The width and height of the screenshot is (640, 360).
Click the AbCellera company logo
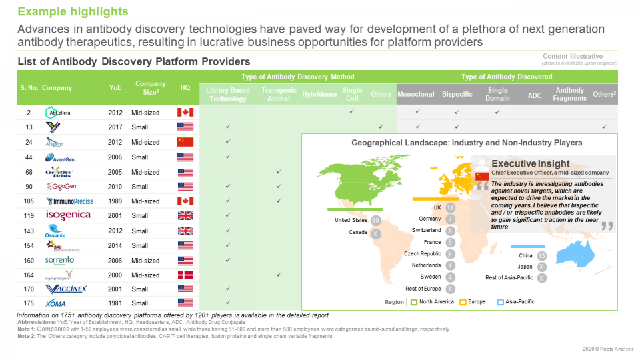[x=60, y=112]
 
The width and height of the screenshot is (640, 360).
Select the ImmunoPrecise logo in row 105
[x=69, y=201]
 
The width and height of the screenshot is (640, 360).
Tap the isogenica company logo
[x=68, y=215]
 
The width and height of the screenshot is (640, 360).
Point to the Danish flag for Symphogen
[x=185, y=275]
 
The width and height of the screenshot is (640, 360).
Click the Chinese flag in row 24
[x=185, y=142]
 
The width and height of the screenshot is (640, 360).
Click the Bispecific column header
[x=457, y=95]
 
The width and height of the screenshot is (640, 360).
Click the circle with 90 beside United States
[x=376, y=221]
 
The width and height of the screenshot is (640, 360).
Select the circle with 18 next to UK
[x=451, y=208]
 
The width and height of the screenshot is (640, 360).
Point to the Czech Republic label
[x=422, y=254]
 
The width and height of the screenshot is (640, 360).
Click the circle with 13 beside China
[x=542, y=256]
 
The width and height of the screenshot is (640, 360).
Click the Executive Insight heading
[x=530, y=163]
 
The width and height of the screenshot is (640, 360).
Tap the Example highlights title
[x=73, y=12]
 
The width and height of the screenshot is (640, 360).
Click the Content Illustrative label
[x=573, y=56]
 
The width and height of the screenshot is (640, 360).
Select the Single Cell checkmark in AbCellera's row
[x=351, y=112]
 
